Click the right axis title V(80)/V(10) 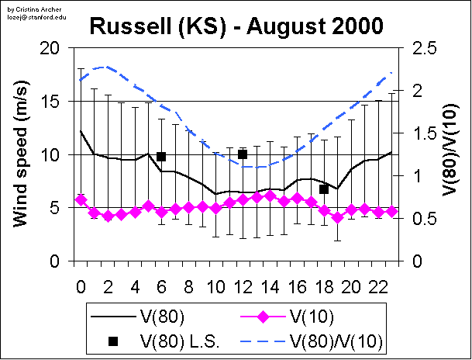(x=452, y=154)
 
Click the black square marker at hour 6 (x=161, y=157)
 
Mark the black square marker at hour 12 (x=243, y=154)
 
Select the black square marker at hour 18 (x=324, y=189)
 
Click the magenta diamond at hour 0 (x=81, y=200)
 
